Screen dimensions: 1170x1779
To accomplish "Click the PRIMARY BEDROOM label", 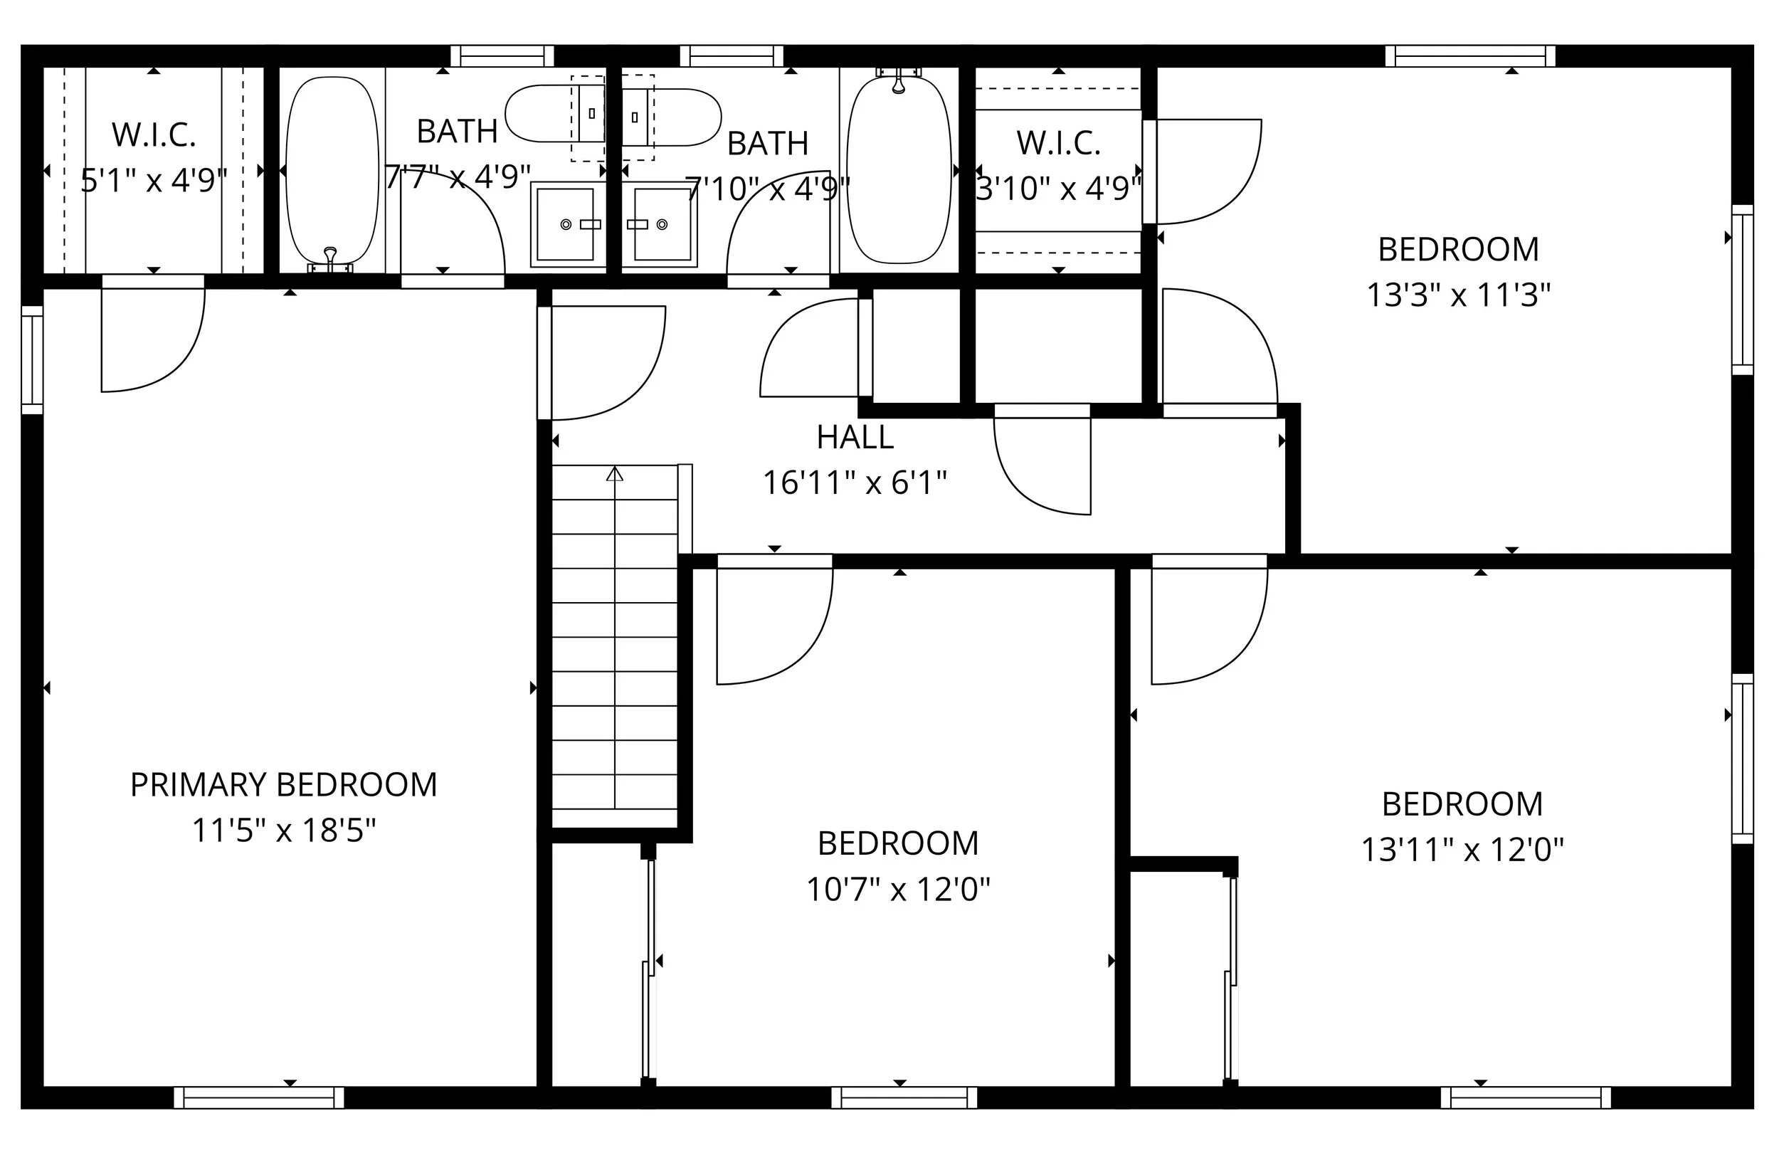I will tap(283, 785).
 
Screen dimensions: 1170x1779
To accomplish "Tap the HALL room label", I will tap(855, 438).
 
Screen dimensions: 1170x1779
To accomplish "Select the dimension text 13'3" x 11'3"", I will tap(1457, 295).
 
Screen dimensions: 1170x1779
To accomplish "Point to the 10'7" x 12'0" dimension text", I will tap(898, 890).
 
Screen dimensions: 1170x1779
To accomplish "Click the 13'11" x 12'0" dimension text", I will tap(1462, 850).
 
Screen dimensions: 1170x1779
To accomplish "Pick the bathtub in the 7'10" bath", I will tap(899, 171).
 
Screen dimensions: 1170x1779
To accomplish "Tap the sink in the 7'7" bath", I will tap(566, 223).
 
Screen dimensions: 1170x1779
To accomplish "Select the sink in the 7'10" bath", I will tap(662, 223).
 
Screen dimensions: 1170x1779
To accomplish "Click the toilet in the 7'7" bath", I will tap(553, 114).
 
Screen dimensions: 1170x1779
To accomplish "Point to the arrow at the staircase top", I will tap(614, 473).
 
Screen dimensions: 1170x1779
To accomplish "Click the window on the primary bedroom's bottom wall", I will tap(258, 1097).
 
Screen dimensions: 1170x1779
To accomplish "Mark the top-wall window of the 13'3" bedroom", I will tap(1469, 56).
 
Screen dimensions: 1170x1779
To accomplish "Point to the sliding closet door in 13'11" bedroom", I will tap(1230, 979).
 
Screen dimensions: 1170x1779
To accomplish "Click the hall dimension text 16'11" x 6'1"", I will tap(855, 483).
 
